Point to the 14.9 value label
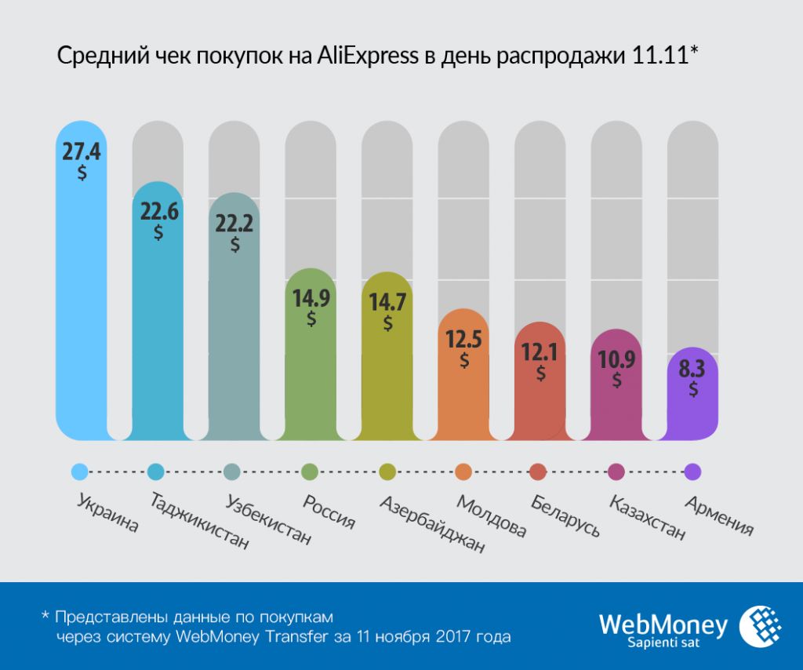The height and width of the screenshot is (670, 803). click(311, 298)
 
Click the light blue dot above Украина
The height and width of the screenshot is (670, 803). click(79, 472)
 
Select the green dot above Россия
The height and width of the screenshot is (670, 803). click(310, 472)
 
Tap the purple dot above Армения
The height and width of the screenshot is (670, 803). click(692, 472)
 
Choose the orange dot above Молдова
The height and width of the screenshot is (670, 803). click(463, 472)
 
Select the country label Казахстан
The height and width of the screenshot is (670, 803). click(647, 518)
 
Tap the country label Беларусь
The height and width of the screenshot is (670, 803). click(565, 515)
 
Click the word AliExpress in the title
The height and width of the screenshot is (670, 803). click(368, 57)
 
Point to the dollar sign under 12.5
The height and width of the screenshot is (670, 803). click(464, 360)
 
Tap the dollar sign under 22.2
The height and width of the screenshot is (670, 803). click(235, 244)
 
